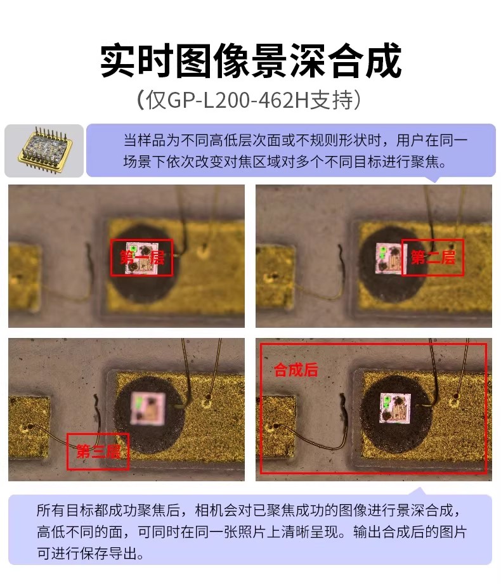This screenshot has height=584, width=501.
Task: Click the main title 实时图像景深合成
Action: (251, 60)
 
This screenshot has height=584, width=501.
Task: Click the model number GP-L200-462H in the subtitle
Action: (238, 100)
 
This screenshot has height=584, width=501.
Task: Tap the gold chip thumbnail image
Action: (44, 150)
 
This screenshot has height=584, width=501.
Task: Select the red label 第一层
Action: (141, 257)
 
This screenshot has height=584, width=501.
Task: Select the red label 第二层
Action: (433, 257)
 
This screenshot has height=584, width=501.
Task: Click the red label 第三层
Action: (98, 451)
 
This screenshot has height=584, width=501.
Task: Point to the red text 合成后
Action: (296, 370)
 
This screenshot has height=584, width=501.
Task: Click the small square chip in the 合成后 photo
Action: (395, 408)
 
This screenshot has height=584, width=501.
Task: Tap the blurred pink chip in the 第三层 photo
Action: (148, 408)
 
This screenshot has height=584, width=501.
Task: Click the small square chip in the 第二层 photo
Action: (388, 257)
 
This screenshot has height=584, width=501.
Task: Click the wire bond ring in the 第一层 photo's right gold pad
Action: (204, 252)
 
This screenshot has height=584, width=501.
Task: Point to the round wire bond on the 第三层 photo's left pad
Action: (26, 427)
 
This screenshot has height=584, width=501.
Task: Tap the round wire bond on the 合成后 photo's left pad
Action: (276, 425)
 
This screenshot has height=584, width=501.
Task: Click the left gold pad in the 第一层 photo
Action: (24, 276)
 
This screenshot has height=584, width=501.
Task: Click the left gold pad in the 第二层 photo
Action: (276, 276)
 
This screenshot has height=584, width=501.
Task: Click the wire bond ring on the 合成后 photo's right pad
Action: (453, 401)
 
